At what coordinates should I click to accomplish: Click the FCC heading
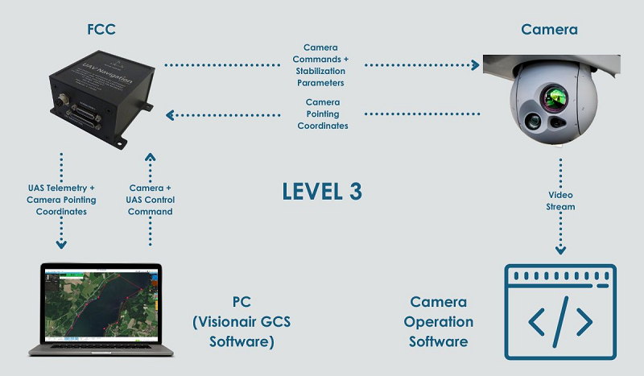[x=101, y=30]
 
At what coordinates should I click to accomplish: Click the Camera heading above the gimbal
[x=549, y=30]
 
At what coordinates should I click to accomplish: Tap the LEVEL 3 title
[x=322, y=192]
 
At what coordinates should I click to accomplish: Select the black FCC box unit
[x=102, y=98]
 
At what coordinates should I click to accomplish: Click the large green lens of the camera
[x=553, y=97]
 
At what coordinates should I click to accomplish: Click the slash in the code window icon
[x=560, y=321]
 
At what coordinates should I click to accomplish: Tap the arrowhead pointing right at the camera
[x=475, y=65]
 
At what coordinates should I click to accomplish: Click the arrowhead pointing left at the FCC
[x=170, y=115]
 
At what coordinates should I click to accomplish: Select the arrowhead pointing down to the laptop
[x=61, y=245]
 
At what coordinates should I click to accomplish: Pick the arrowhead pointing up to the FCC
[x=151, y=157]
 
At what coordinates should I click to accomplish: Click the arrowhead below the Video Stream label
[x=560, y=250]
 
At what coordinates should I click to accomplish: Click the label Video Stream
[x=560, y=200]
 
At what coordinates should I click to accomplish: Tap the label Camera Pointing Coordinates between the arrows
[x=323, y=114]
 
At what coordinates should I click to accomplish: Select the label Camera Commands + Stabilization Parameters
[x=320, y=65]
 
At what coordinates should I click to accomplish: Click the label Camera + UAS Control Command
[x=151, y=200]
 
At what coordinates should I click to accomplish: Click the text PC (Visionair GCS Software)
[x=242, y=321]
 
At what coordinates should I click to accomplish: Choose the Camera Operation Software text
[x=438, y=321]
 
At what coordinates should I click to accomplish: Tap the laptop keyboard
[x=101, y=347]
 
